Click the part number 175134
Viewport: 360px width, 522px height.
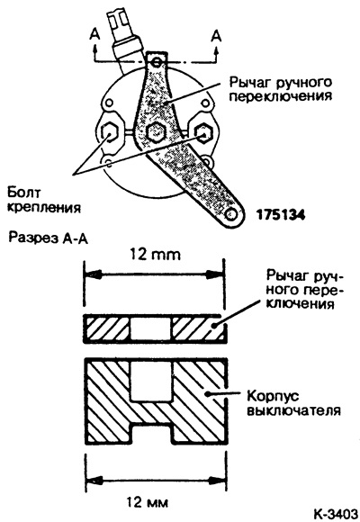point(280,215)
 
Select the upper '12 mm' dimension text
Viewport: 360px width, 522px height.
point(155,255)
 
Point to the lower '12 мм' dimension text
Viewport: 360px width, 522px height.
point(148,502)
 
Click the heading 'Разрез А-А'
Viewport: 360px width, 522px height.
point(48,238)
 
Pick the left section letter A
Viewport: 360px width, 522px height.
point(94,35)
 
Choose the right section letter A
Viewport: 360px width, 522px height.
point(217,35)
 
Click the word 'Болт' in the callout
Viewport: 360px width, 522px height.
point(24,193)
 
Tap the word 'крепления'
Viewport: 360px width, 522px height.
point(44,207)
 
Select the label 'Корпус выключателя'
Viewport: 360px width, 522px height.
point(293,403)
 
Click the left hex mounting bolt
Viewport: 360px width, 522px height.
point(109,133)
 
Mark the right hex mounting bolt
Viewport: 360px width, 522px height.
point(202,133)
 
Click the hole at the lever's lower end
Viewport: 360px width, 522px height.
point(230,214)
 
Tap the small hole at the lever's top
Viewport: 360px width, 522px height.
point(157,62)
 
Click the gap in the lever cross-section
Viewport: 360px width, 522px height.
point(150,328)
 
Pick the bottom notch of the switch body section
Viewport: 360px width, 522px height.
point(151,434)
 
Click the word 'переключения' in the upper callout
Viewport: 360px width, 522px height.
point(282,97)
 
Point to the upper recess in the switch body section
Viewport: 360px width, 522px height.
point(151,382)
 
